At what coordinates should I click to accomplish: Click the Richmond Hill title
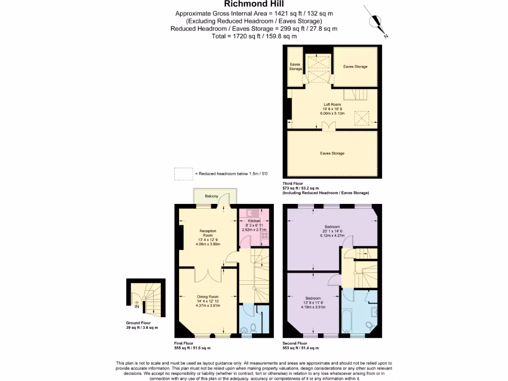254,4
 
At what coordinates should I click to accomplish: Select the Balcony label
212,196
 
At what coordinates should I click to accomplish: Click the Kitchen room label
254,221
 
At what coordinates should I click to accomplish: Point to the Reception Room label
208,233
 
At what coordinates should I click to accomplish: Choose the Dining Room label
208,297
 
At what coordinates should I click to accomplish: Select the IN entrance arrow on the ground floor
136,303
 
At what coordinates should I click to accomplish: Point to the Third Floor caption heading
294,184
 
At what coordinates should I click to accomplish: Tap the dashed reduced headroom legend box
183,174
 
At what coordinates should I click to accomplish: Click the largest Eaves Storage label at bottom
332,153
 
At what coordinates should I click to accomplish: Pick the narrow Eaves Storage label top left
295,66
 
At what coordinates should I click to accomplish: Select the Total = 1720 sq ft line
254,36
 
